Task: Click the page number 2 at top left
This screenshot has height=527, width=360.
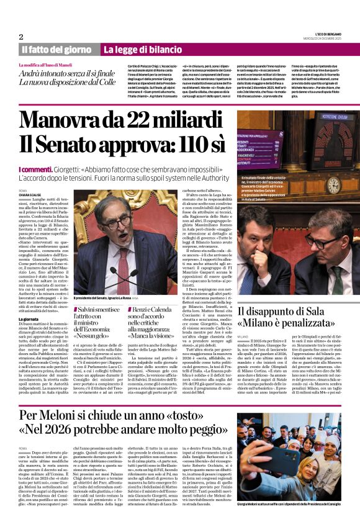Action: [21, 37]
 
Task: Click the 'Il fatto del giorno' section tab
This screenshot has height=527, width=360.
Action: [58, 49]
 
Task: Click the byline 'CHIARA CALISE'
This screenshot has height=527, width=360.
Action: [29, 194]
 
